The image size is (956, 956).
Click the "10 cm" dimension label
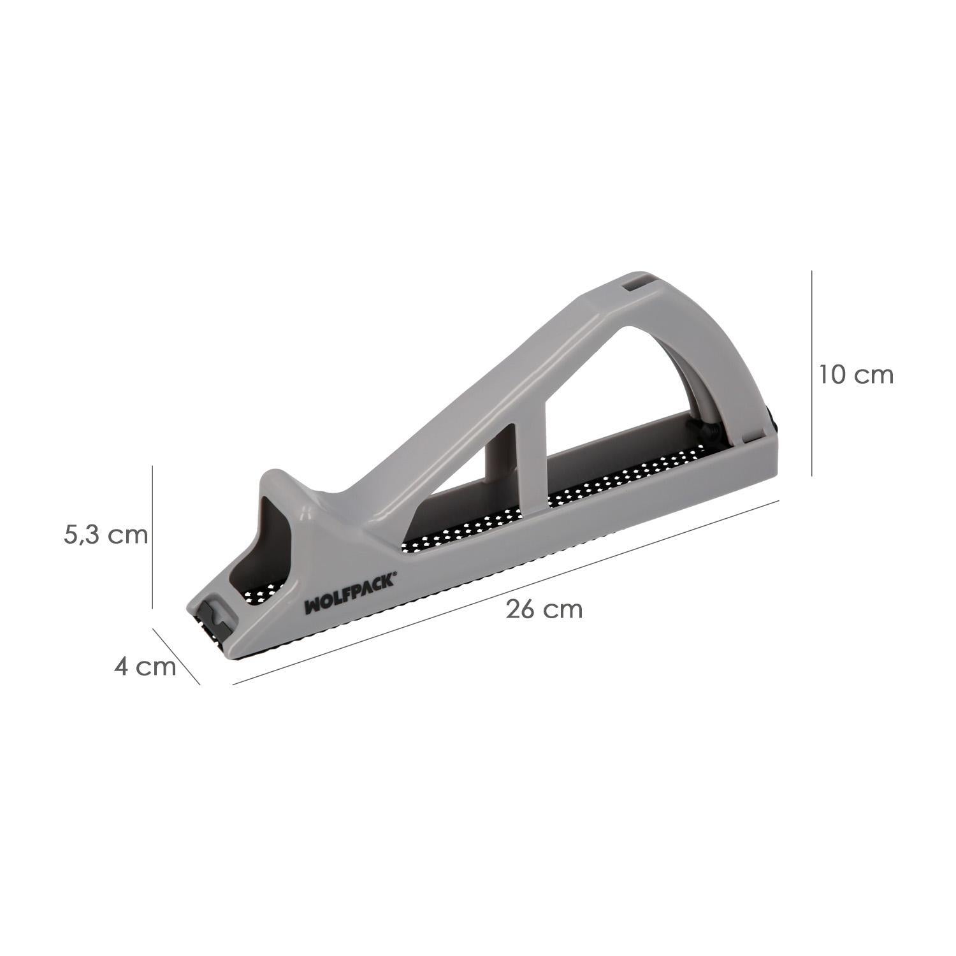(857, 375)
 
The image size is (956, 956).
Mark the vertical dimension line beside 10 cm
(811, 372)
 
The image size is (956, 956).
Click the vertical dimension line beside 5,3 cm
(153, 537)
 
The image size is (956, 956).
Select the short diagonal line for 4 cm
(176, 656)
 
